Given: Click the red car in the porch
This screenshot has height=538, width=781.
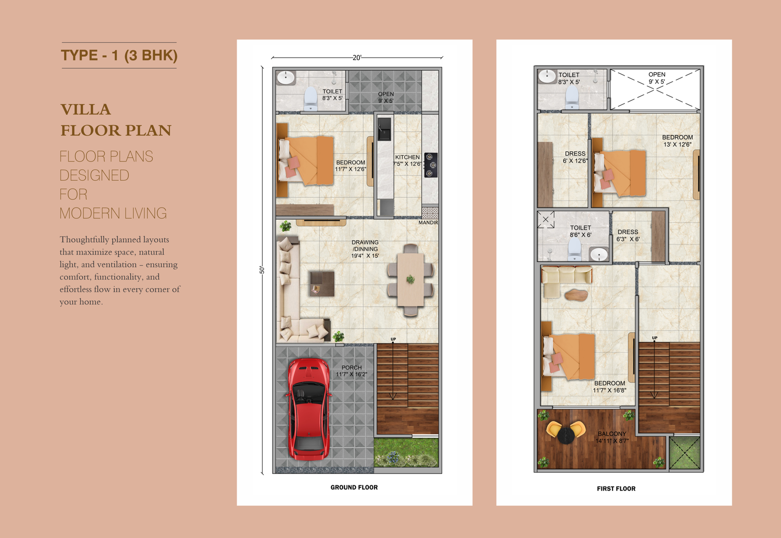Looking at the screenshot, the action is point(308,409).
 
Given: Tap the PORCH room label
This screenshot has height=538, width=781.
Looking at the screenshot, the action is point(351,368).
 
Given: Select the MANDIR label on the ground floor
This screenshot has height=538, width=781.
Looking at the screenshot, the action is point(428,223).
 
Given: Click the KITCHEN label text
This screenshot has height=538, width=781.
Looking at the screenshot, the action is point(407,157).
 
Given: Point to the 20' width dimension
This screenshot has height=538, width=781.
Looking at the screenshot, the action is point(357,58).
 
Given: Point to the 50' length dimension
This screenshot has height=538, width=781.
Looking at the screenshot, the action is point(262,270).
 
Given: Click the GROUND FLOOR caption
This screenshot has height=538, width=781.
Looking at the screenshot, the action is point(354,487).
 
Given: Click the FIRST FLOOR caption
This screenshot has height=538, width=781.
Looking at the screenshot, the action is point(616,489).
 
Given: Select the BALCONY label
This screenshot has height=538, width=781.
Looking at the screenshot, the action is point(612,434).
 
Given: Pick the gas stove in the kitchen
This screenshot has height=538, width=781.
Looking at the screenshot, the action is point(431,165).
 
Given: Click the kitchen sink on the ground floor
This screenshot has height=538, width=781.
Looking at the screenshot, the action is point(384,129).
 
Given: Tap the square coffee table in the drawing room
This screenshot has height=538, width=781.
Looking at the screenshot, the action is point(322,284).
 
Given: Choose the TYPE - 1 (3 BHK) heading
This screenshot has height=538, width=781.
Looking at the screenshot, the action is point(119,56).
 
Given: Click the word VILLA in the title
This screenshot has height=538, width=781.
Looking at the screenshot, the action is point(86,109).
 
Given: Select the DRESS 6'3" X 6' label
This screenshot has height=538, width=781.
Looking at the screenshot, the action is point(628,235).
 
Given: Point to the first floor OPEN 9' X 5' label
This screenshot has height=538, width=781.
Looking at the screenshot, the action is point(657,78).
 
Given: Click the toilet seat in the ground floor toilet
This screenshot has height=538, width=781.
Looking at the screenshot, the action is point(310,99).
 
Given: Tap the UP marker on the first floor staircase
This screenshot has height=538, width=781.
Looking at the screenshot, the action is point(655,338).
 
